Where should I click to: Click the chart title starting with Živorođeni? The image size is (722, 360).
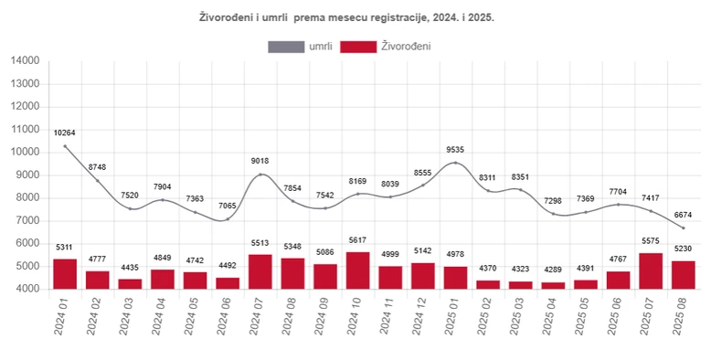346,17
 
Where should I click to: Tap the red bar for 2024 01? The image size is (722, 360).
65,274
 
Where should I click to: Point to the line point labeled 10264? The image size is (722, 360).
65,146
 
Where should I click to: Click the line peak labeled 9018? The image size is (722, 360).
260,175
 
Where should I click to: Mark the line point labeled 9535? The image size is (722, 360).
455,163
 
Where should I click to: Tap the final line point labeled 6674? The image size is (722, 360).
684,228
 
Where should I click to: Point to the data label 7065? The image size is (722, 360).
228,207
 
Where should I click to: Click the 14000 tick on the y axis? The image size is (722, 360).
25,60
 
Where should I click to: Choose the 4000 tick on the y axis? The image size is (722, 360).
27,289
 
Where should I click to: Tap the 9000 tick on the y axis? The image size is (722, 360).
27,175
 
